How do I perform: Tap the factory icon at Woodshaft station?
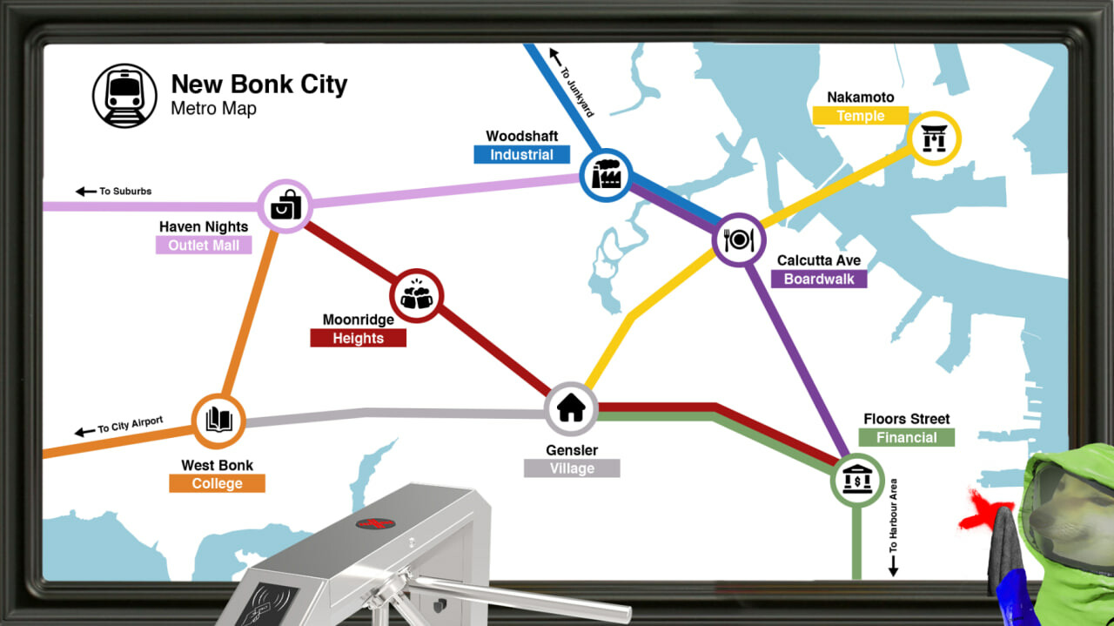[605, 173]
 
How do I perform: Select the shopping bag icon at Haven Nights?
[285, 206]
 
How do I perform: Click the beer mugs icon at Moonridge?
[417, 296]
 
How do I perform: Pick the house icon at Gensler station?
[571, 407]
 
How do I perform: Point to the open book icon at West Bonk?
[218, 421]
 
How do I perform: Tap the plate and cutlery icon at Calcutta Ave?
[739, 239]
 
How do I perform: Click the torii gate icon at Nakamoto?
[934, 138]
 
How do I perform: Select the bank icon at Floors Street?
[857, 479]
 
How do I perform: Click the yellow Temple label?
[860, 116]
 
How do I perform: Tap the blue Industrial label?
[521, 155]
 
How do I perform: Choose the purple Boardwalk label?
[818, 279]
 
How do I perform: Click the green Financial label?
[906, 438]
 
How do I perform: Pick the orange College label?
[217, 483]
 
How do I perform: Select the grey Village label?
[572, 468]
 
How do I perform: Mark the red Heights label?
[358, 338]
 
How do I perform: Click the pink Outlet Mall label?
[204, 246]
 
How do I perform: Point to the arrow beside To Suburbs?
[85, 192]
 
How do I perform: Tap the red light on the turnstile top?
[375, 523]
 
